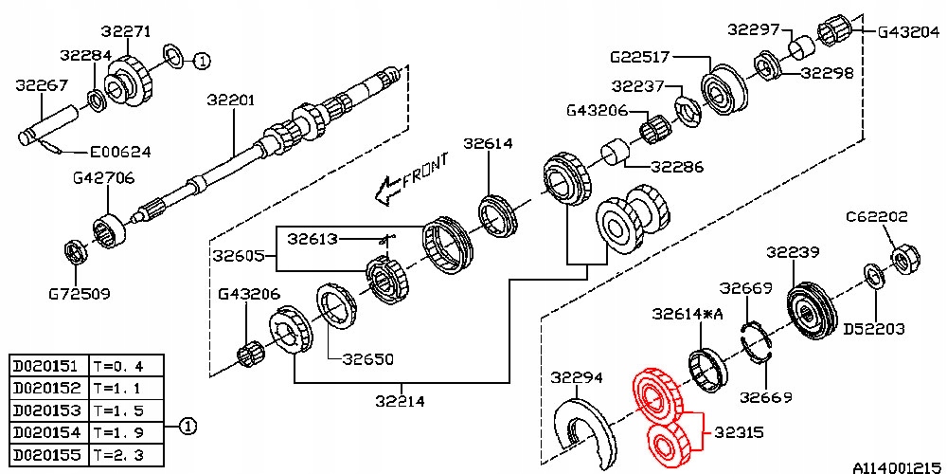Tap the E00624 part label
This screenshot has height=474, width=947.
120,152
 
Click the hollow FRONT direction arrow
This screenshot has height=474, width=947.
384,191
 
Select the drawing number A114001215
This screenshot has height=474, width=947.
897,466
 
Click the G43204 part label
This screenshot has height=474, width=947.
910,31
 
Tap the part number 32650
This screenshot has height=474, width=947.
368,359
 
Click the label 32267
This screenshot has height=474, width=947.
41,85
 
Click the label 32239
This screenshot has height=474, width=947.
793,252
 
